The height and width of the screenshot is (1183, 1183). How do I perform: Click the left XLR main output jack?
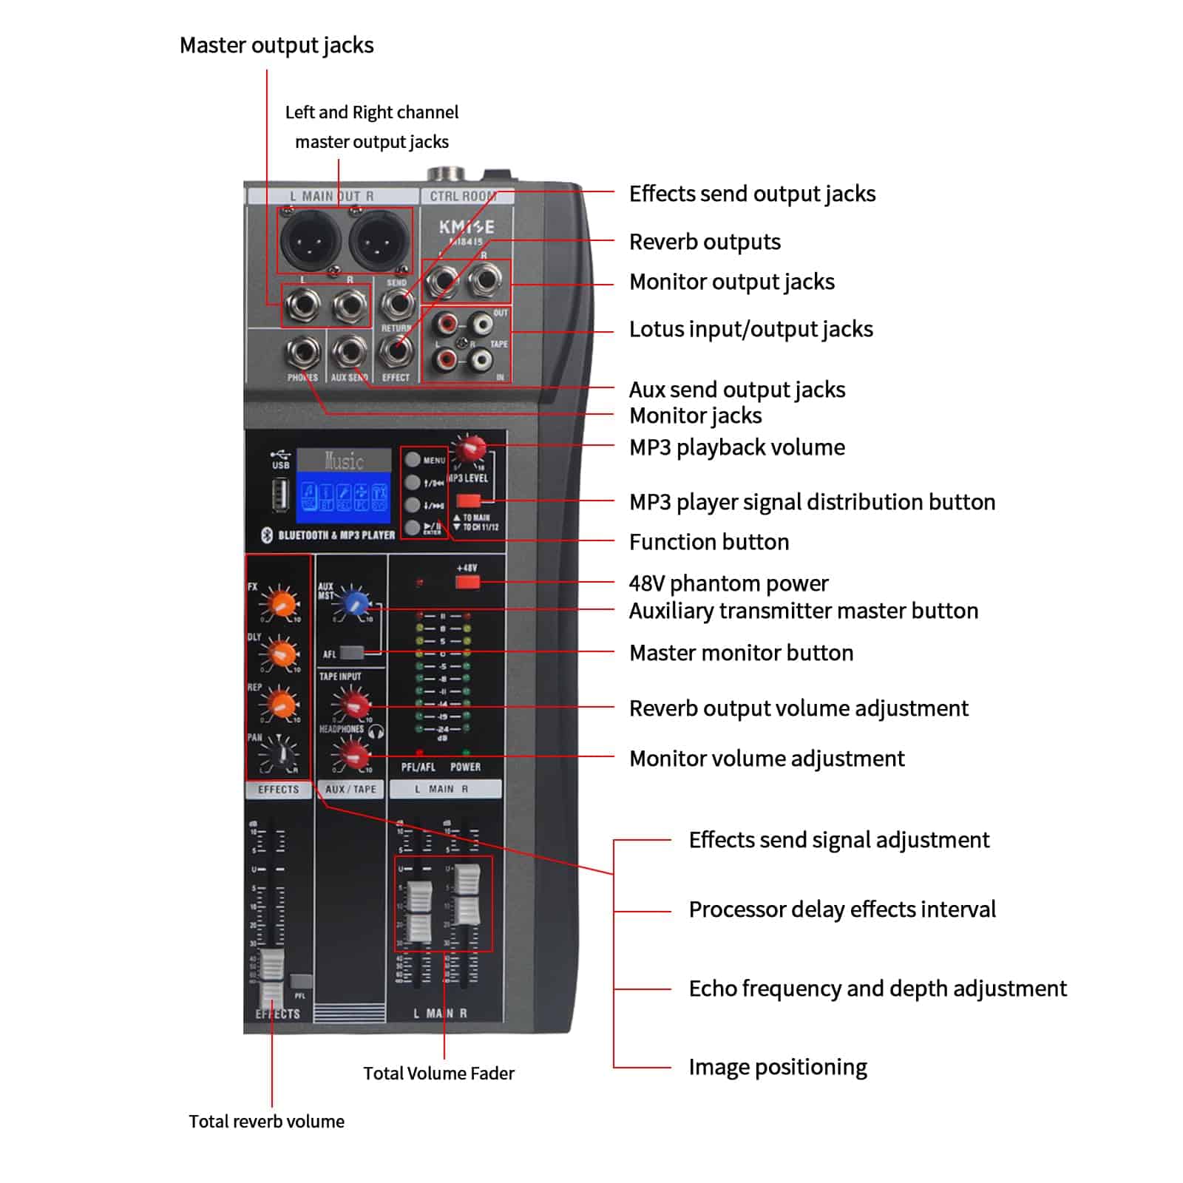[x=310, y=240]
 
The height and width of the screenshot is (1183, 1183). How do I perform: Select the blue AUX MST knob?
[x=356, y=603]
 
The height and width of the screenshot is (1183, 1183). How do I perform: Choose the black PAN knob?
[x=280, y=755]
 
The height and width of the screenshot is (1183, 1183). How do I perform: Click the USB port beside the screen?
[x=280, y=494]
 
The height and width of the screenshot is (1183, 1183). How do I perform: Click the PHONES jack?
[x=303, y=352]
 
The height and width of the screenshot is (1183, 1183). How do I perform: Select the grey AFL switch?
[x=351, y=653]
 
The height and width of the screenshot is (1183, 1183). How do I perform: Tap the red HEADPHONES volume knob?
[x=353, y=753]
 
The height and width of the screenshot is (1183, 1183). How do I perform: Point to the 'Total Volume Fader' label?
[x=438, y=1073]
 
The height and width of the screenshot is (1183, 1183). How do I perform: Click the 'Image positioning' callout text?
[x=777, y=1067]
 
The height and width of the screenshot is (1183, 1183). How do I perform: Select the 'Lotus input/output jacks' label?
[x=750, y=329]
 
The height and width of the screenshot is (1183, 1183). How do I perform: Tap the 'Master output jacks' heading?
[x=277, y=46]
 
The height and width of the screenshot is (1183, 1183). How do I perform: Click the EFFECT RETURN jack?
[x=397, y=350]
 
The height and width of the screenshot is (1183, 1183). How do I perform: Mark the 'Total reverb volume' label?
[x=266, y=1121]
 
